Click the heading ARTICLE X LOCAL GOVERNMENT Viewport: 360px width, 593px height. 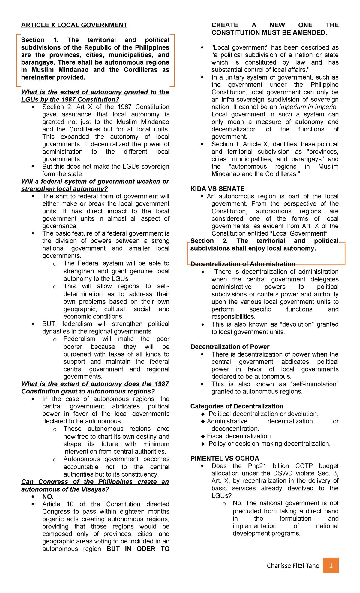click(x=74, y=25)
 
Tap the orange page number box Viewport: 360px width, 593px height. click(x=331, y=565)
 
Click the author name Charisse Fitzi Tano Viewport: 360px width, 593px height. click(x=293, y=566)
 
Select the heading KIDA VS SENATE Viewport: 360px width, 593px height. click(x=217, y=189)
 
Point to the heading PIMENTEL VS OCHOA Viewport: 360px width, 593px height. click(x=225, y=458)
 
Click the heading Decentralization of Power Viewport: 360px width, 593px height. click(x=230, y=347)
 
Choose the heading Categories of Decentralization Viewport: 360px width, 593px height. click(x=237, y=406)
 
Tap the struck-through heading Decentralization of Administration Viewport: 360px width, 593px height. click(x=243, y=264)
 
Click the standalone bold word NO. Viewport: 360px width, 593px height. click(x=48, y=497)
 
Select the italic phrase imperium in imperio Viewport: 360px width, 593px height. click(x=308, y=107)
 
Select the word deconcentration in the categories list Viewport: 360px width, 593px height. click(x=235, y=429)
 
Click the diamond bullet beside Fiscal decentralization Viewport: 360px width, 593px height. click(x=203, y=436)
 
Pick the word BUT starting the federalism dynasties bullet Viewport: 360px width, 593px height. click(x=49, y=324)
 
